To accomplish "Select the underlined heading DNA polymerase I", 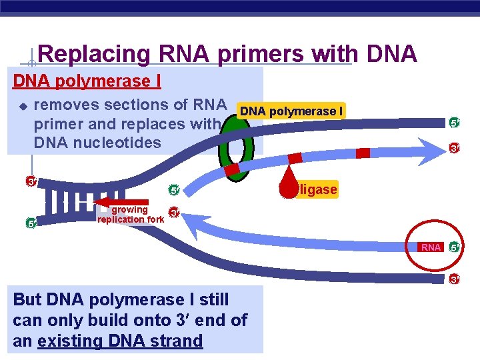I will (87, 81).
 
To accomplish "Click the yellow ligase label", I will (317, 190).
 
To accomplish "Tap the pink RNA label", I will (431, 247).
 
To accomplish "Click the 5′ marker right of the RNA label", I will (454, 247).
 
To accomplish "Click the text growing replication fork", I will (131, 215).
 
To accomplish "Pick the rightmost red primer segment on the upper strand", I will (363, 153).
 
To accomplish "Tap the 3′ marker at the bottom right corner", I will (454, 279).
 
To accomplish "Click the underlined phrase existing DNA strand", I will (120, 341).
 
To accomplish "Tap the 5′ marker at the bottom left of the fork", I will (31, 223).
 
